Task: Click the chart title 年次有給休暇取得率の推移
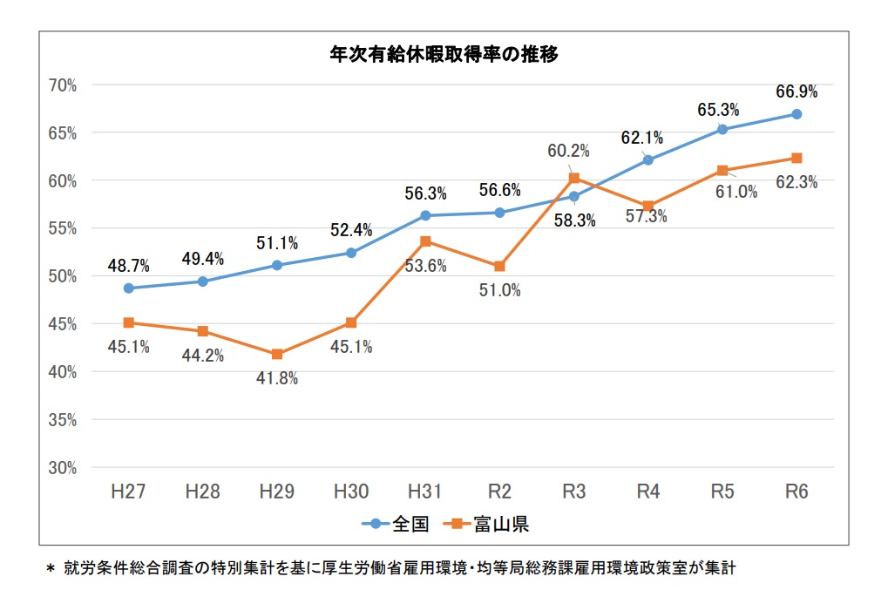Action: [x=444, y=54]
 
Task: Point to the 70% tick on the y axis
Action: [x=64, y=85]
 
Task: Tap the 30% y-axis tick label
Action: [x=64, y=468]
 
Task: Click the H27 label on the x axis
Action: [x=128, y=492]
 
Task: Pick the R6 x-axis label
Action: [x=796, y=492]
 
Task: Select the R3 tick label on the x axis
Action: [x=573, y=492]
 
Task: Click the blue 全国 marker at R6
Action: [x=796, y=114]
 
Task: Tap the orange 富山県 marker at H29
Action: [x=277, y=355]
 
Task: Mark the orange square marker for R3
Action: [x=573, y=179]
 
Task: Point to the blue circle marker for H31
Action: [x=425, y=215]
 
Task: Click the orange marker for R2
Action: [x=499, y=266]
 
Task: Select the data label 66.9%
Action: [x=796, y=92]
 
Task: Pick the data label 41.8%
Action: [x=277, y=379]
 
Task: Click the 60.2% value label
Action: [x=568, y=151]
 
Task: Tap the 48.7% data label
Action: [x=129, y=264]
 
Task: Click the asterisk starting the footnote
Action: [x=50, y=569]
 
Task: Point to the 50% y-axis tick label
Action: [x=64, y=276]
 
